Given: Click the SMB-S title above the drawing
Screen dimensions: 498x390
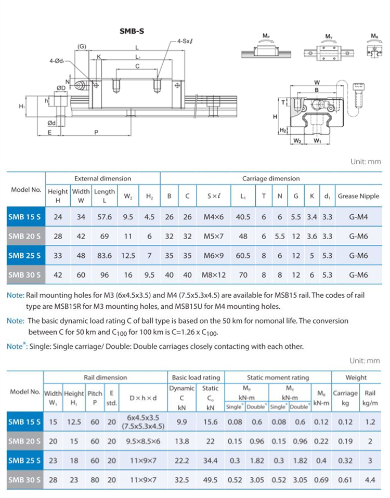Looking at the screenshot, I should [x=132, y=31].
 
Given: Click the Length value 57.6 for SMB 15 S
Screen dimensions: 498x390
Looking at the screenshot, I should [x=105, y=217].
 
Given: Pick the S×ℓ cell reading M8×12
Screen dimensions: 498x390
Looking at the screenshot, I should [x=216, y=274].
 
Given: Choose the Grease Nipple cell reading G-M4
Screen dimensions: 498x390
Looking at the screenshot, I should [x=359, y=217].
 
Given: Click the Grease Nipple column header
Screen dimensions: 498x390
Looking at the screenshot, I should [x=359, y=196].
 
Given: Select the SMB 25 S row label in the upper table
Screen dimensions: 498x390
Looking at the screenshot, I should [x=25, y=255].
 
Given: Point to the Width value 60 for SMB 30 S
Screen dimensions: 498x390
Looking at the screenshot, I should [x=81, y=274].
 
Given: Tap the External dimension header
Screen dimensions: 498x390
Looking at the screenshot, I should [x=102, y=178].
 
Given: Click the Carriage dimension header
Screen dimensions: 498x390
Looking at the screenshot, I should [x=271, y=178].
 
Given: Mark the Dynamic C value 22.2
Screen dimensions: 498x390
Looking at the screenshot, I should [x=182, y=461].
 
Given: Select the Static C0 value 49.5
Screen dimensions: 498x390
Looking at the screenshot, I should [x=210, y=480].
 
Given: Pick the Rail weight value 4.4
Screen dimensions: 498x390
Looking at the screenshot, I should [x=370, y=480].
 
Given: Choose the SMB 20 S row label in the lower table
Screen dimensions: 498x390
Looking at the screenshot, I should [x=25, y=441].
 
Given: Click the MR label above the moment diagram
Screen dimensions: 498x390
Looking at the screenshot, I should [x=374, y=36].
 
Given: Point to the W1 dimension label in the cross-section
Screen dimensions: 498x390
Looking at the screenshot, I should [x=318, y=140].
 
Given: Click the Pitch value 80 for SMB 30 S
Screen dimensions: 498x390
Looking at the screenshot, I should [x=95, y=480].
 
